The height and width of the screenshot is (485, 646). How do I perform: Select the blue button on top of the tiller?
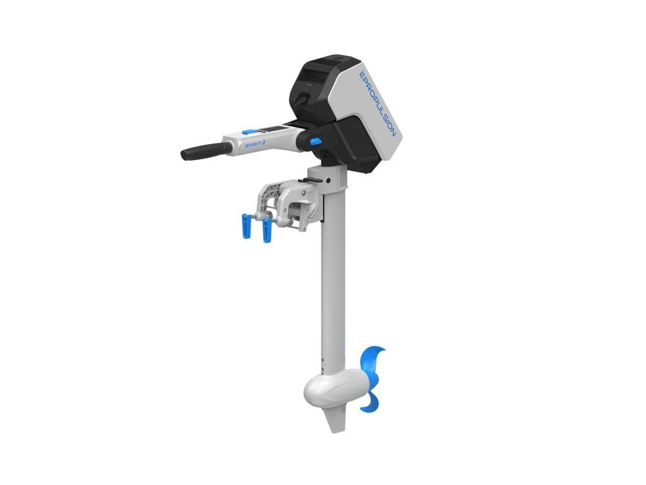click(247, 131)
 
